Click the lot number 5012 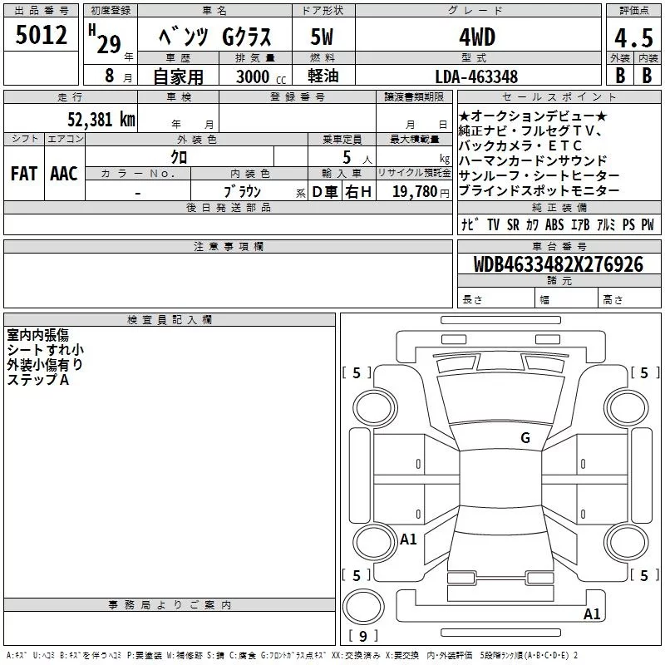(41, 35)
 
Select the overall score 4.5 (633, 37)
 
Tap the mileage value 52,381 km (101, 120)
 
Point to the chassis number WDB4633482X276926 (559, 264)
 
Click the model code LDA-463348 (476, 76)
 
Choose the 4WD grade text (477, 37)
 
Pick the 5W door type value (322, 37)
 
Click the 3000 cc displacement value (261, 77)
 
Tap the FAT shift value (24, 174)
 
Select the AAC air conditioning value (64, 174)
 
